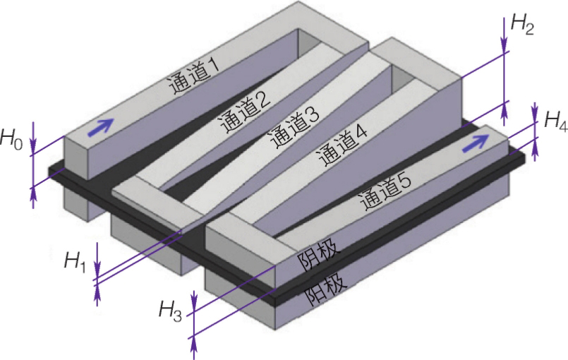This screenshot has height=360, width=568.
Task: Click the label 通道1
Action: coord(193,76)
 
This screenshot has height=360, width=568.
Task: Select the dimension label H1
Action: coord(75,262)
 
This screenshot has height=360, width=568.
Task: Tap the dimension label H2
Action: coord(521,24)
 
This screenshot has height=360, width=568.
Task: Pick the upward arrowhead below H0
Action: coord(33,194)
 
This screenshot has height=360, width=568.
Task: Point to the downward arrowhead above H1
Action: coord(97,272)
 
